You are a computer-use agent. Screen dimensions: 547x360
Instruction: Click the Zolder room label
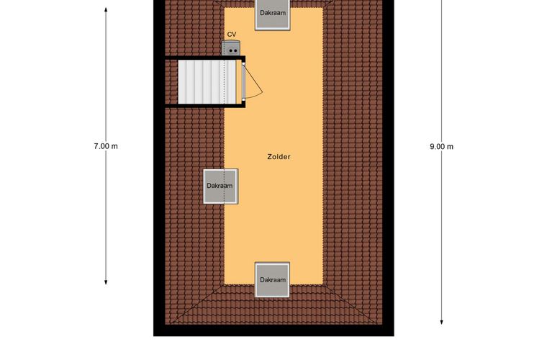coord(279,157)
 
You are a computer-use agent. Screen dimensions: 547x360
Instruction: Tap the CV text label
coord(232,34)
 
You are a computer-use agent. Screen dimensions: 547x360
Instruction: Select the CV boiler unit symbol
coord(231,48)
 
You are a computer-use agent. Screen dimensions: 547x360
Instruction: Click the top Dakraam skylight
coord(273,15)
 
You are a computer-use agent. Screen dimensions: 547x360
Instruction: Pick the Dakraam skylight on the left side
coord(221,186)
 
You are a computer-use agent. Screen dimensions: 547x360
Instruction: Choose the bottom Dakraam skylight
coord(273,280)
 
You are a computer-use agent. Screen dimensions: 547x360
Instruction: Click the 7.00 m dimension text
coord(106,146)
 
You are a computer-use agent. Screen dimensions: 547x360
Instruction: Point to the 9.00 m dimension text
coord(442,146)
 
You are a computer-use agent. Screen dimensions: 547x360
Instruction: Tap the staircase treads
coord(207,82)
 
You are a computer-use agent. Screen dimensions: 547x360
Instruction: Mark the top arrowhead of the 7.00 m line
coord(106,9)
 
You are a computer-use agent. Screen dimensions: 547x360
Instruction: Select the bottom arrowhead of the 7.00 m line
coord(106,282)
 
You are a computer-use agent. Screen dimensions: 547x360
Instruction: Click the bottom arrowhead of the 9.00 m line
coord(442,322)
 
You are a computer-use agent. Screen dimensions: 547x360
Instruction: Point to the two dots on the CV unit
coord(232,51)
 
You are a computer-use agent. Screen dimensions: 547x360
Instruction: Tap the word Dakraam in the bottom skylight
coord(273,280)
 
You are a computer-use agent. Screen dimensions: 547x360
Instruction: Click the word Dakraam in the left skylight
coord(220,186)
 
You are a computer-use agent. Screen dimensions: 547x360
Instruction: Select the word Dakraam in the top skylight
coord(273,13)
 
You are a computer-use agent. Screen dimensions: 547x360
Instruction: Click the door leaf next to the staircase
coord(243,82)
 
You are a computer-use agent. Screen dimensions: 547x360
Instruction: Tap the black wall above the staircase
coord(205,58)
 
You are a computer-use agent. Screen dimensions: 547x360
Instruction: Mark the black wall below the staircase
coord(205,105)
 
